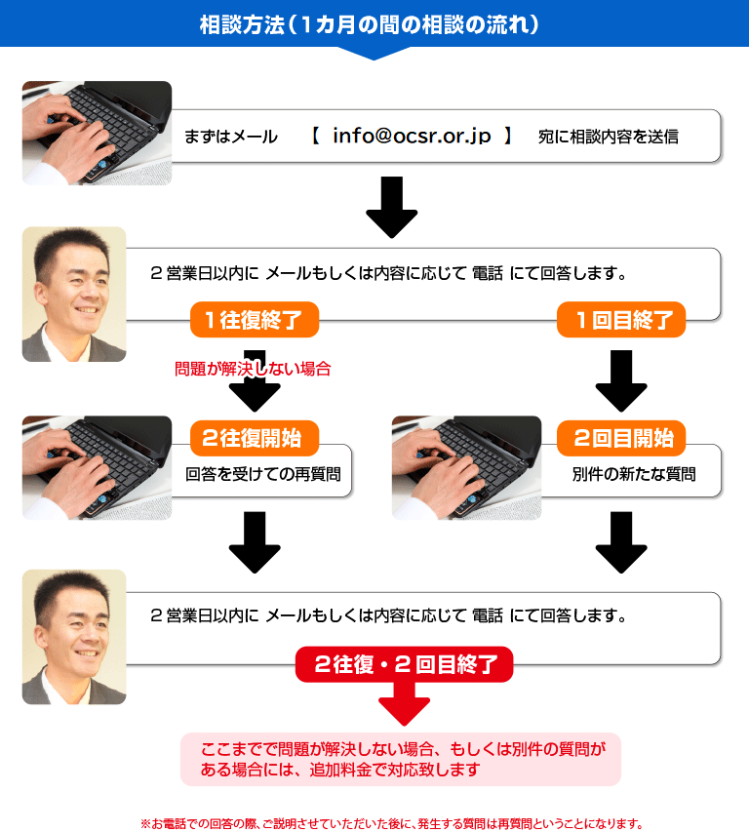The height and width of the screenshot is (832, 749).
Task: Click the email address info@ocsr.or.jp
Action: point(412,137)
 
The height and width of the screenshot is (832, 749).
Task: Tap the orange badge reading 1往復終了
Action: point(255,319)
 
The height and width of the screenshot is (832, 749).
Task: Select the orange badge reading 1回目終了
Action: point(621,319)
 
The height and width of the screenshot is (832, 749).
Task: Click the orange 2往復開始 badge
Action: point(255,438)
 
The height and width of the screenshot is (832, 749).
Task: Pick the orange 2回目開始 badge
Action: point(621,438)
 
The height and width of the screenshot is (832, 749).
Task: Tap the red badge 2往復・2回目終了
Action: point(404,664)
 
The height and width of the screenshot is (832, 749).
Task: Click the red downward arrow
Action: point(404,703)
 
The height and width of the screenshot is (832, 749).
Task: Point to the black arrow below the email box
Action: point(391,208)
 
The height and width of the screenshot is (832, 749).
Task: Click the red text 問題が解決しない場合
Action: point(253,369)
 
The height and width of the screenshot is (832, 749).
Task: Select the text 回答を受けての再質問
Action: point(263,474)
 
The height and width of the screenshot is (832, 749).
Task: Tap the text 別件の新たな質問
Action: point(634,474)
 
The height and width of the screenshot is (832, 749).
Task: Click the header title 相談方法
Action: point(242,24)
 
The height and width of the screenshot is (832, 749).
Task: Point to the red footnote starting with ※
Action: point(391,823)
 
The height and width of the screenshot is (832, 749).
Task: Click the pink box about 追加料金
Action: point(401,759)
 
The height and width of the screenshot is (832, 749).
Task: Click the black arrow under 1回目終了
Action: point(621,381)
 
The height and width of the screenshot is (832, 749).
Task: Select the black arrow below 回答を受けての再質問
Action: point(255,542)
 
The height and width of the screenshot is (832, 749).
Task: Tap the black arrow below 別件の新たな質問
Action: point(621,542)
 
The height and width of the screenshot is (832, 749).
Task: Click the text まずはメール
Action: point(231,137)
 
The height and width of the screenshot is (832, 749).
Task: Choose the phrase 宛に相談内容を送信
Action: point(609,137)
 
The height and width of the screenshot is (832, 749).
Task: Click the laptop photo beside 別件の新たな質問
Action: point(466,467)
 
